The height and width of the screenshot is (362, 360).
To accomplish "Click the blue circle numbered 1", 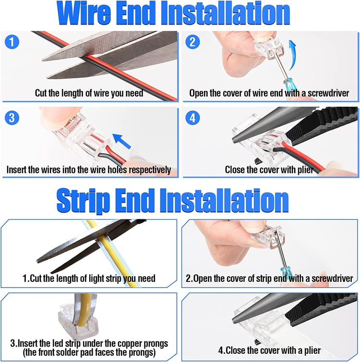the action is pos(12,42).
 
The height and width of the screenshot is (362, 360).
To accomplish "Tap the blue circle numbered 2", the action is pos(192,42).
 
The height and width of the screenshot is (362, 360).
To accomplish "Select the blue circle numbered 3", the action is pos(12,118).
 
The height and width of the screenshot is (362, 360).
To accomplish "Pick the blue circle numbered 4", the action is pos(192,118).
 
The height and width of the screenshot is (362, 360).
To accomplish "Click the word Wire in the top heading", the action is pos(84,13).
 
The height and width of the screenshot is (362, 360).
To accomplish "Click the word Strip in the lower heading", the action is pos(83,200).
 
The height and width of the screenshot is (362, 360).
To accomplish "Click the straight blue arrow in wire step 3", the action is pos(122,141).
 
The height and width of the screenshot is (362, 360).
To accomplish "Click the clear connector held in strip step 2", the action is pos(268,237).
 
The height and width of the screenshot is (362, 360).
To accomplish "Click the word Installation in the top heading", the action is pos(225,13).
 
